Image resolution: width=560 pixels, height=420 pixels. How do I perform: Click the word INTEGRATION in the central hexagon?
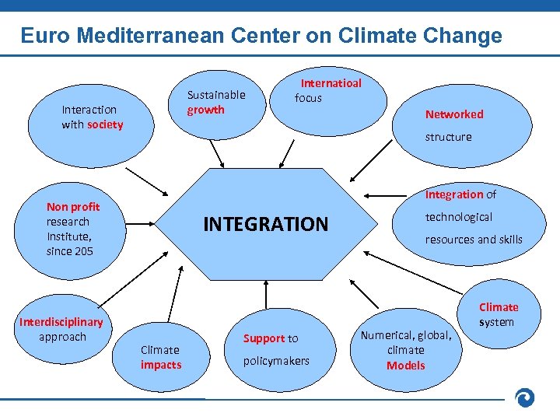(265, 225)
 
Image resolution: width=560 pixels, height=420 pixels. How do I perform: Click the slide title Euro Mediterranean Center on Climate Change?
(261, 36)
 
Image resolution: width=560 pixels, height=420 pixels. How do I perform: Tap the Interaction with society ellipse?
(92, 117)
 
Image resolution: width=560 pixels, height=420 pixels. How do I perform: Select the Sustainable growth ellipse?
(215, 102)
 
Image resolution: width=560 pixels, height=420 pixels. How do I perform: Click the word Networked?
(453, 114)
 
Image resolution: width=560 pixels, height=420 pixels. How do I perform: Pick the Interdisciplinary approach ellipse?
(62, 329)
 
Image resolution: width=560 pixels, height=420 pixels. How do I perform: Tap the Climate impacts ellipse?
(161, 357)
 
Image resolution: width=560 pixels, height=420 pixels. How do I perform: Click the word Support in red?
(264, 338)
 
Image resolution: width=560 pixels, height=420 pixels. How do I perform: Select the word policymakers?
(276, 361)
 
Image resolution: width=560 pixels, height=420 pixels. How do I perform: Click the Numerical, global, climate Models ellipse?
(405, 350)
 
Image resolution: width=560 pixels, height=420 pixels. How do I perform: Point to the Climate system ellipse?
(498, 314)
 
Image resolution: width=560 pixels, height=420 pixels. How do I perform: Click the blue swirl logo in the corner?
(525, 397)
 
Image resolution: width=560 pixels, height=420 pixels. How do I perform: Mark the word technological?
(458, 217)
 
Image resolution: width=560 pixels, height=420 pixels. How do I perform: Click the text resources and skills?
(473, 240)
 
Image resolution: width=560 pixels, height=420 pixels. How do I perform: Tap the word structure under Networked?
(448, 137)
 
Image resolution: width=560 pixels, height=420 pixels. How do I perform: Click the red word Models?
(405, 366)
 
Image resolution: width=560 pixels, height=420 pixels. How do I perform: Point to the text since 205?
(69, 251)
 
